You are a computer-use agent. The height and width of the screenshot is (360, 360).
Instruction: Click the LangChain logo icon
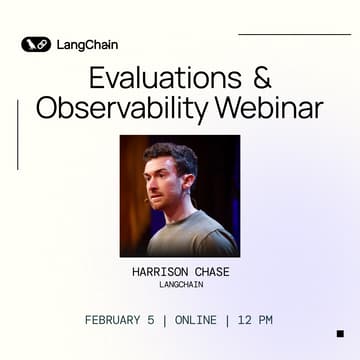pyautogui.click(x=35, y=44)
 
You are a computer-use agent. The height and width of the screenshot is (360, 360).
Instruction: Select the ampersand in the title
pyautogui.click(x=257, y=77)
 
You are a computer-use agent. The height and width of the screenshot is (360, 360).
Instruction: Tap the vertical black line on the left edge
pyautogui.click(x=18, y=135)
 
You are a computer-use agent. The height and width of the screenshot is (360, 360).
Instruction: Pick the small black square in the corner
pyautogui.click(x=340, y=333)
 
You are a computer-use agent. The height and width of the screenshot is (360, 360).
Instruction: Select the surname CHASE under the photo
pyautogui.click(x=209, y=271)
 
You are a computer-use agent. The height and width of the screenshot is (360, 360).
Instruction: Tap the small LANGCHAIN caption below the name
pyautogui.click(x=180, y=284)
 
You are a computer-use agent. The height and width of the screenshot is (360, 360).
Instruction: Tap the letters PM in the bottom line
pyautogui.click(x=266, y=320)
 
